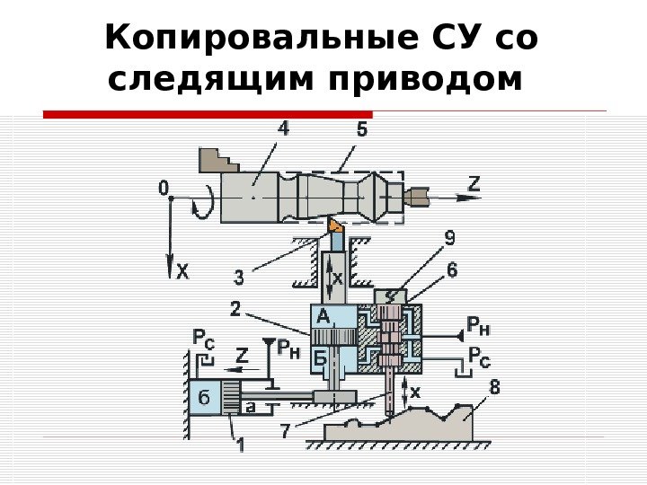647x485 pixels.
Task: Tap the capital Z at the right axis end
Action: tap(475, 184)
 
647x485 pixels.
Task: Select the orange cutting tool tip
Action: tap(334, 224)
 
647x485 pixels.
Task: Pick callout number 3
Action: tap(240, 276)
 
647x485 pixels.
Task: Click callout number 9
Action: tap(449, 239)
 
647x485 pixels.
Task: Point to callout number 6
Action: tap(451, 269)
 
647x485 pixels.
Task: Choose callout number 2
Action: tap(235, 310)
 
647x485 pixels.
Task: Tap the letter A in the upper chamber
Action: tap(320, 315)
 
